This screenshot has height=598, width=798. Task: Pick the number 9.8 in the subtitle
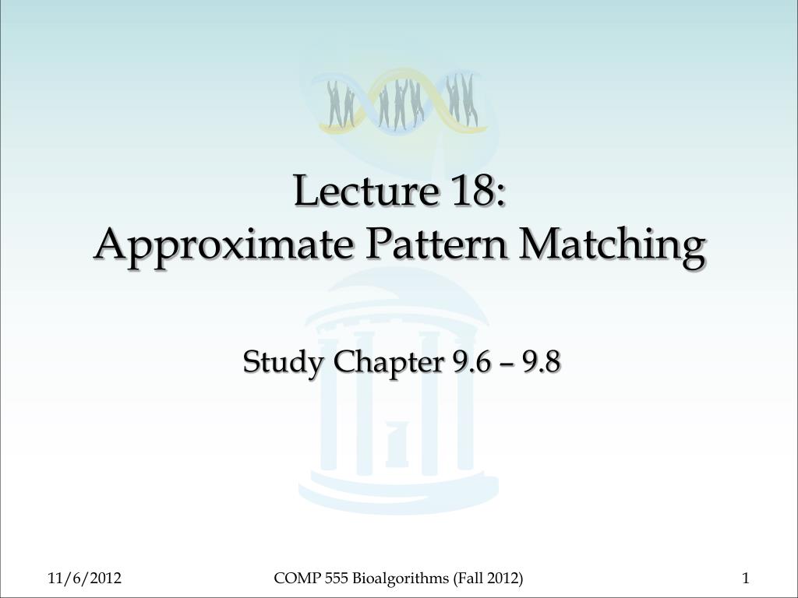tap(542, 362)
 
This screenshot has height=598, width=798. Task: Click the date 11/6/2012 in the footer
tap(83, 578)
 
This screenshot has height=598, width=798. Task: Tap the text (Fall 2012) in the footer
tap(488, 578)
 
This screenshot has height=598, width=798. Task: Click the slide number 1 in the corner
tap(746, 578)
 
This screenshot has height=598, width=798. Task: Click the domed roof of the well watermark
tap(399, 292)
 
